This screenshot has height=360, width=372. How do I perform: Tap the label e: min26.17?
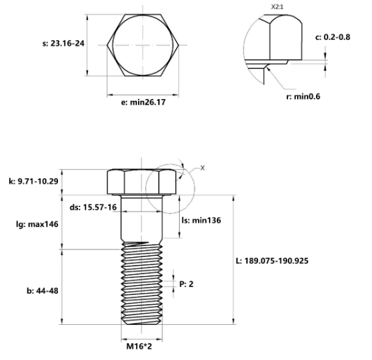(138, 103)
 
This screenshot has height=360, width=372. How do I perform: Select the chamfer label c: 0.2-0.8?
(332, 37)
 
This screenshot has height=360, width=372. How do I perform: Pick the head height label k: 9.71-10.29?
(33, 182)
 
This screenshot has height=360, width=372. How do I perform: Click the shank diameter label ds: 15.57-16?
(93, 207)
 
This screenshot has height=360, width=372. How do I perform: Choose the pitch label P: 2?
(186, 284)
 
